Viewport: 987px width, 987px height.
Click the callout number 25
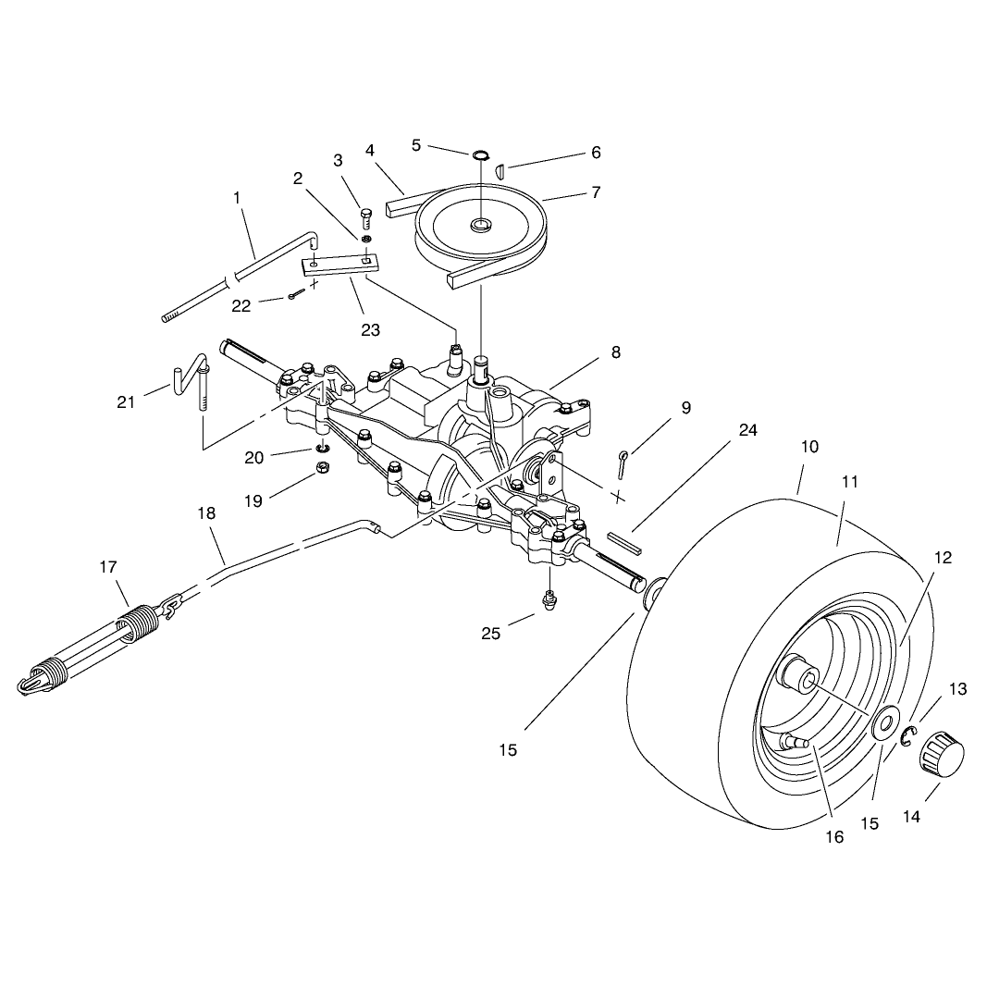coord(490,634)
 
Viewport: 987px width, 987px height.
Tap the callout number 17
coord(108,567)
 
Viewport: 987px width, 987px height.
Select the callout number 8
coord(616,352)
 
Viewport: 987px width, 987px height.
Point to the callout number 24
coord(747,430)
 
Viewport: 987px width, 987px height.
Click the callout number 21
coord(126,401)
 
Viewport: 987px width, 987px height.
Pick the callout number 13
coord(957,689)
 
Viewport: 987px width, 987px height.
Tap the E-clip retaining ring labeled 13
coord(908,736)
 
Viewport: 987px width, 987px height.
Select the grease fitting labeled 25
coord(550,600)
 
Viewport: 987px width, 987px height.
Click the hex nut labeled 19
coord(322,467)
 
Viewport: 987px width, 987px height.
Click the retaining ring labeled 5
coord(480,154)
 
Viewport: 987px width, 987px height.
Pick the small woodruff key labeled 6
coord(500,170)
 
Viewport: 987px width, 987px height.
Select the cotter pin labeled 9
coord(622,464)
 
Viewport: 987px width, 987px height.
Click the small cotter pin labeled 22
coord(296,294)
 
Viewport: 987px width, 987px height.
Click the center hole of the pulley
coord(482,223)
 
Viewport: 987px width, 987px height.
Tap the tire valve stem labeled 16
coord(796,741)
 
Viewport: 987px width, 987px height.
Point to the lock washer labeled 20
coord(323,449)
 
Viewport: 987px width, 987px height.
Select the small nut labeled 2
coord(365,239)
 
